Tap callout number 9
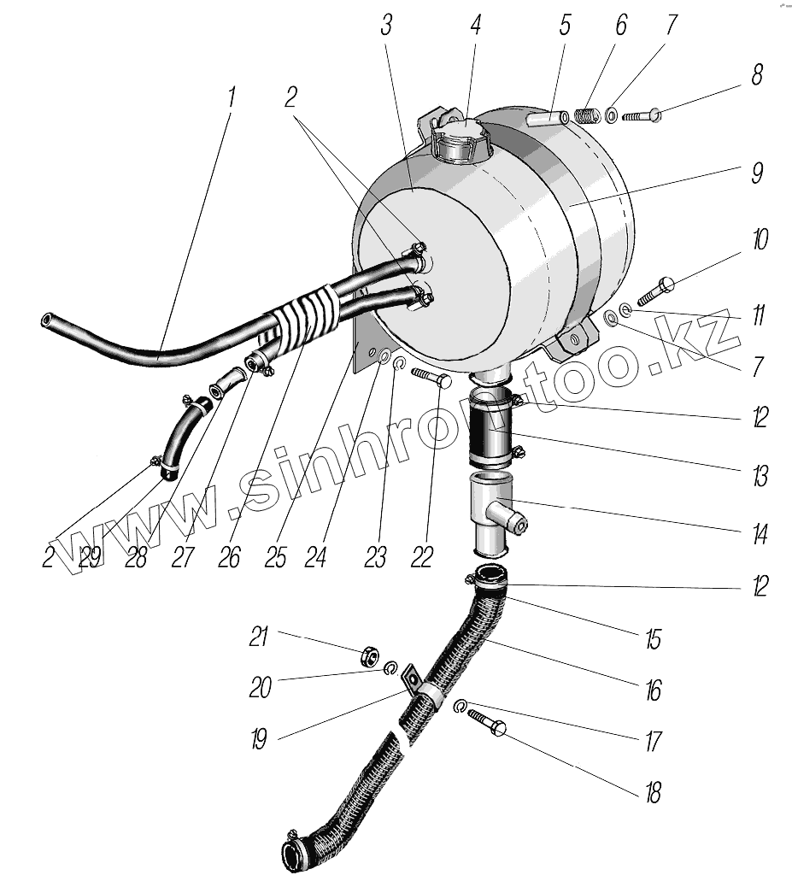pyautogui.click(x=756, y=173)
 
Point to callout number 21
pyautogui.click(x=260, y=637)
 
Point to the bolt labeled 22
pyautogui.click(x=430, y=378)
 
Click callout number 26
pyautogui.click(x=228, y=557)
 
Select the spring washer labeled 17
pyautogui.click(x=459, y=707)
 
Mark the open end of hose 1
pyautogui.click(x=47, y=321)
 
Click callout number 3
pyautogui.click(x=386, y=26)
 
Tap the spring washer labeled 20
pyautogui.click(x=390, y=668)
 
